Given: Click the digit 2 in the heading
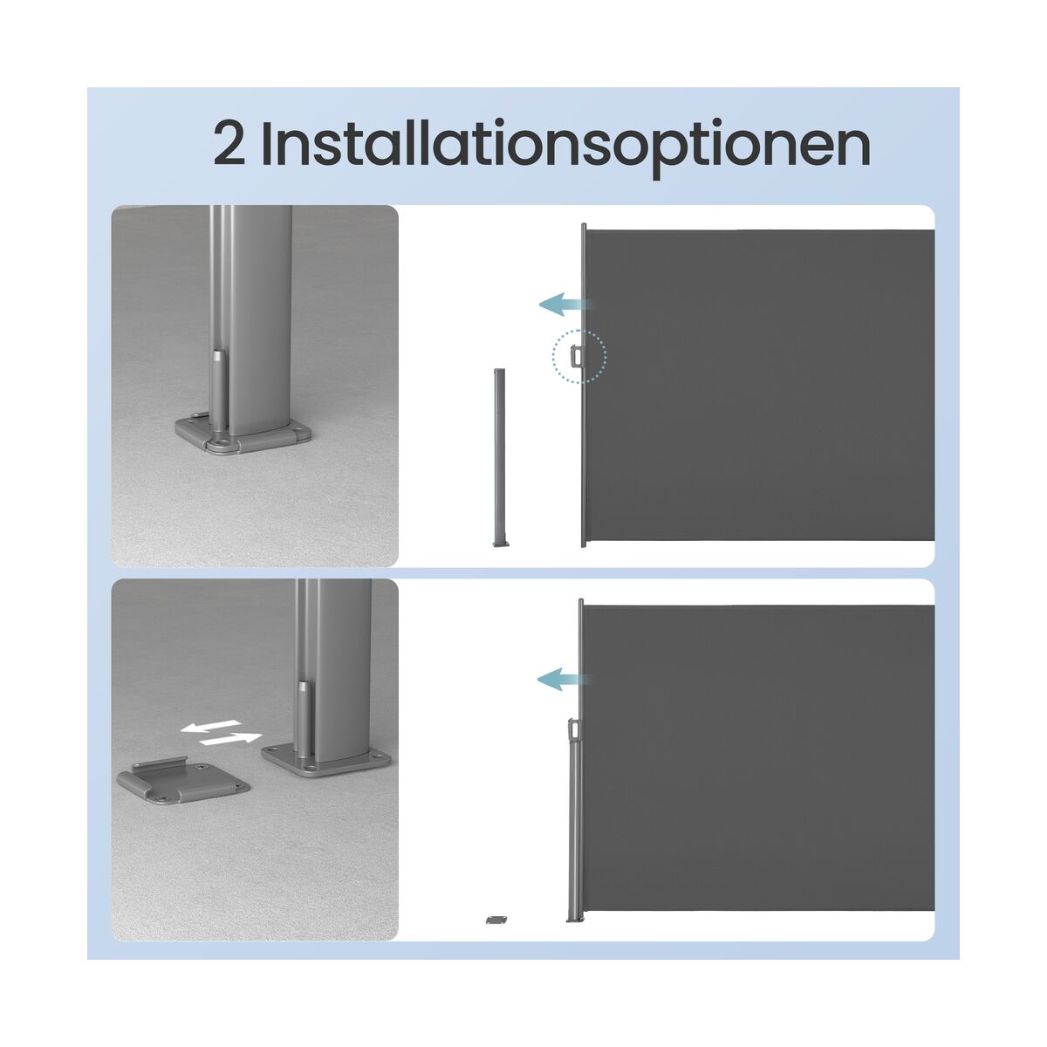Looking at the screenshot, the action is point(229,142).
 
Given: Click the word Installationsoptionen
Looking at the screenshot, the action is point(565,147).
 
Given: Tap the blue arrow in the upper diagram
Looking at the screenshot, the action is point(563,304).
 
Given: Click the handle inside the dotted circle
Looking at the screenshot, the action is point(575,357).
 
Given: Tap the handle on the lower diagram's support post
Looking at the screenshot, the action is point(573,729).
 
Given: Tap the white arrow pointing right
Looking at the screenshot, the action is point(230,738).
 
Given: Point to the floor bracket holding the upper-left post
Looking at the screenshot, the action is point(243,433).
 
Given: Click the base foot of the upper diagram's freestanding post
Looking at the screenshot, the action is point(501,542).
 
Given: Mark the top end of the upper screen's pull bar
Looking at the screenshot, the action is point(584,224).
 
